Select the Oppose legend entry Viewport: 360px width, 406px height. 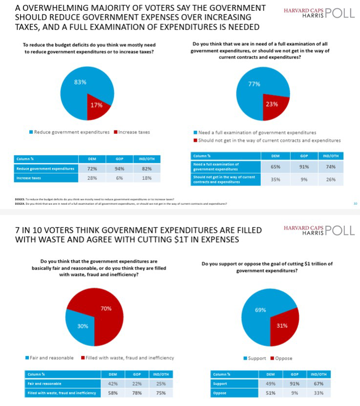click(283, 358)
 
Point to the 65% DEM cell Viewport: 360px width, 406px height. click(274, 167)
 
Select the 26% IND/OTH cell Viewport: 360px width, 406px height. click(330, 179)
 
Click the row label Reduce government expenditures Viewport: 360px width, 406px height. click(45, 168)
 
